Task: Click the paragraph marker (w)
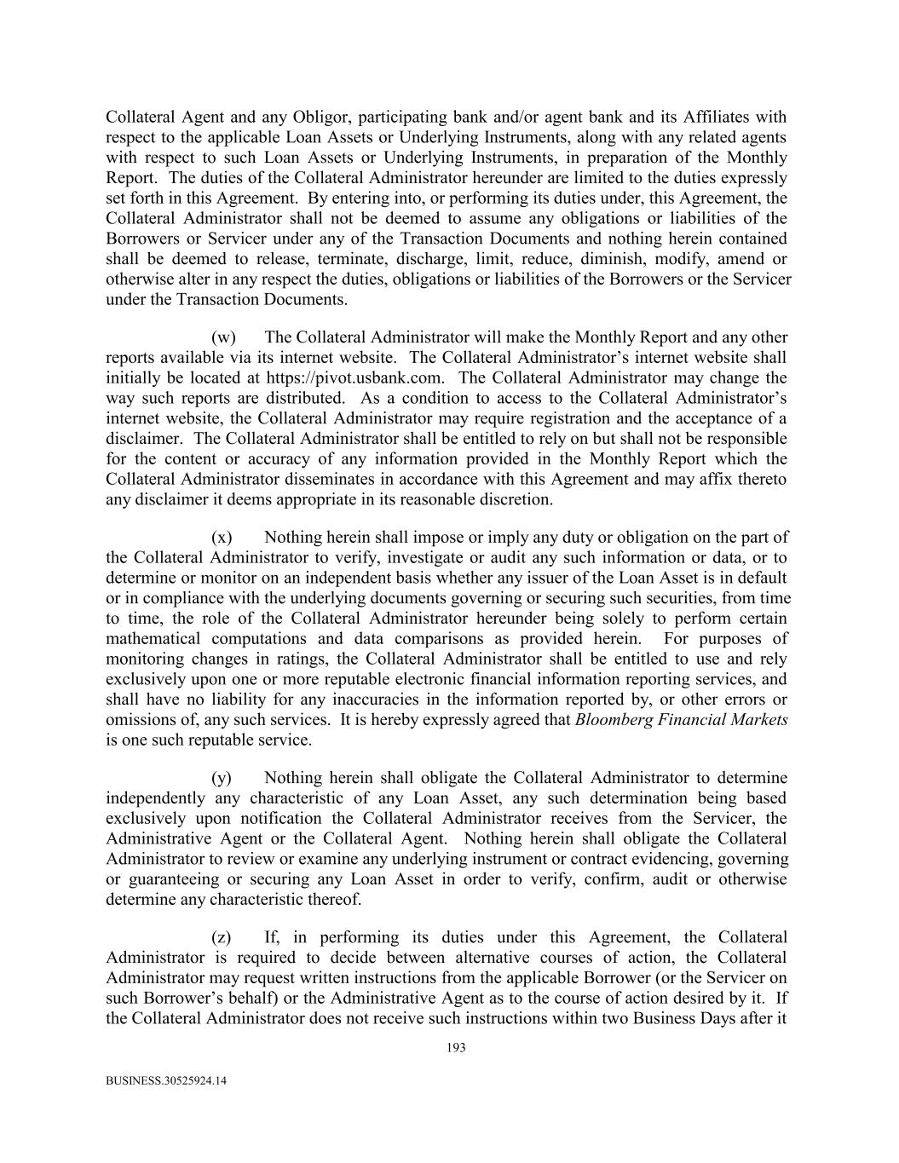coord(223,337)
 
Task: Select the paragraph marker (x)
coord(222,538)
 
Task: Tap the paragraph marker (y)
coord(222,778)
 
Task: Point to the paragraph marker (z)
coord(222,937)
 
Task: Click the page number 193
coord(456,1049)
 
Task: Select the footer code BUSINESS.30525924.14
coord(166,1081)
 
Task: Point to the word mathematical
coord(153,639)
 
